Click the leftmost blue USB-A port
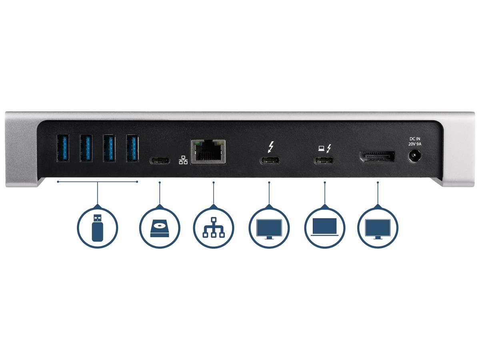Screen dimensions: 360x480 (x=63, y=148)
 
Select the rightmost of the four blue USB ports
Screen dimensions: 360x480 (x=132, y=148)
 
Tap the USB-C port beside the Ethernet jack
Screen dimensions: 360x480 (x=160, y=161)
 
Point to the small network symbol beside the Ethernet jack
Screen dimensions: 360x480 (x=183, y=160)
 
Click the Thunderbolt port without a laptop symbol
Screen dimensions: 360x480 (x=270, y=161)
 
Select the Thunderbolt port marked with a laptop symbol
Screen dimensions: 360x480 (x=324, y=161)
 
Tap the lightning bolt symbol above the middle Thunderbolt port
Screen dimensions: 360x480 (x=271, y=148)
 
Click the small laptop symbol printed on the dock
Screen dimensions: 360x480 (x=321, y=149)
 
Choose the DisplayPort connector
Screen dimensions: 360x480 (x=377, y=156)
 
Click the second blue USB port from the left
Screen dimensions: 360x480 (x=86, y=148)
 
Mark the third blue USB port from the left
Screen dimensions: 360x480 (x=109, y=148)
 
